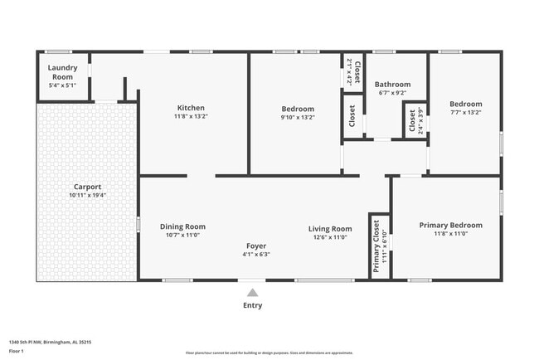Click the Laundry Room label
click(x=62, y=72)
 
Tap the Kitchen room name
click(x=191, y=108)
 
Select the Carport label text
click(x=88, y=187)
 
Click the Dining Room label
click(x=182, y=226)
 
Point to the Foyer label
click(x=255, y=246)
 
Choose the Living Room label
click(x=330, y=229)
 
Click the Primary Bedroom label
click(x=450, y=225)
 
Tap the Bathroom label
click(x=392, y=84)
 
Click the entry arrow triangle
click(x=252, y=292)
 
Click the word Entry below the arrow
click(x=252, y=305)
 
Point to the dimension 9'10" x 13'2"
click(x=298, y=117)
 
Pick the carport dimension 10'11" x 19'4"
click(x=88, y=195)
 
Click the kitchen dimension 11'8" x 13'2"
click(x=191, y=116)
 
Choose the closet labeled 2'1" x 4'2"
click(x=353, y=71)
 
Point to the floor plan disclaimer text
click(x=269, y=352)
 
